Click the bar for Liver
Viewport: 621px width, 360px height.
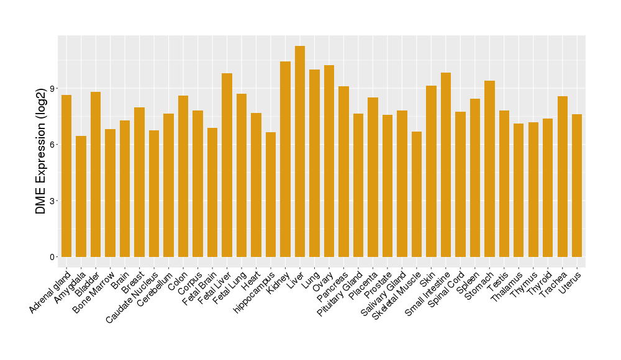pos(300,151)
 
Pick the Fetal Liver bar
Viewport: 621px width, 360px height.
pos(227,165)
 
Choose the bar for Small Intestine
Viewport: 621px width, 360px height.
pos(446,164)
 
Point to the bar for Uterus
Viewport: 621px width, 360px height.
pos(577,186)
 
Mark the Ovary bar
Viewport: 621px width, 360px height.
pos(329,161)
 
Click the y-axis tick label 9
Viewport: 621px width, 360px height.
pos(53,88)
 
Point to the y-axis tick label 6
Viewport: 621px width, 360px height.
pos(53,145)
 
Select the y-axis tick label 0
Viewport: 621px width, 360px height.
pos(53,257)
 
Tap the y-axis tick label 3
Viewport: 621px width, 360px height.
pos(53,201)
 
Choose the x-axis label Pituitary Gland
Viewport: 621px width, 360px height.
pos(340,293)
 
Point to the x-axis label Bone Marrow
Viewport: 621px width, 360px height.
pos(94,289)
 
